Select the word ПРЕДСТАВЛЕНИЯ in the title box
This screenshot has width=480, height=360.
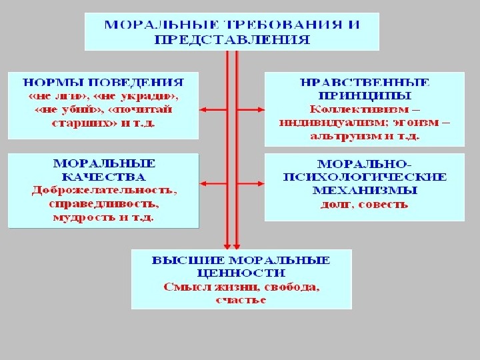coord(232,40)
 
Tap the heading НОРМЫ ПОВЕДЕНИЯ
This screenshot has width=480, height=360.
coord(103,84)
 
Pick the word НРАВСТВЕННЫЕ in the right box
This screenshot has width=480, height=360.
coord(365,83)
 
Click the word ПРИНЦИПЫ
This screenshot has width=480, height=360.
coord(365,96)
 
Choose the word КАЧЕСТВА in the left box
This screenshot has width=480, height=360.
coord(103,177)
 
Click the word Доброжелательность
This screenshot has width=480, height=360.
coord(104,190)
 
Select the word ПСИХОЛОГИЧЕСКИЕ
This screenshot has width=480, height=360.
coord(365,177)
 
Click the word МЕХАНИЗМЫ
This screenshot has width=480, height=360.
coord(365,190)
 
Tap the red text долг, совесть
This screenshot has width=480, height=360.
coord(364,204)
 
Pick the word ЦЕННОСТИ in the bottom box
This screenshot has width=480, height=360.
coord(241,273)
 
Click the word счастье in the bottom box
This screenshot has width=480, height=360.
coord(241,300)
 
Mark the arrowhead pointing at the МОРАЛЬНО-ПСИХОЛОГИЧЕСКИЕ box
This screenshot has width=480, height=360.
coord(261,183)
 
